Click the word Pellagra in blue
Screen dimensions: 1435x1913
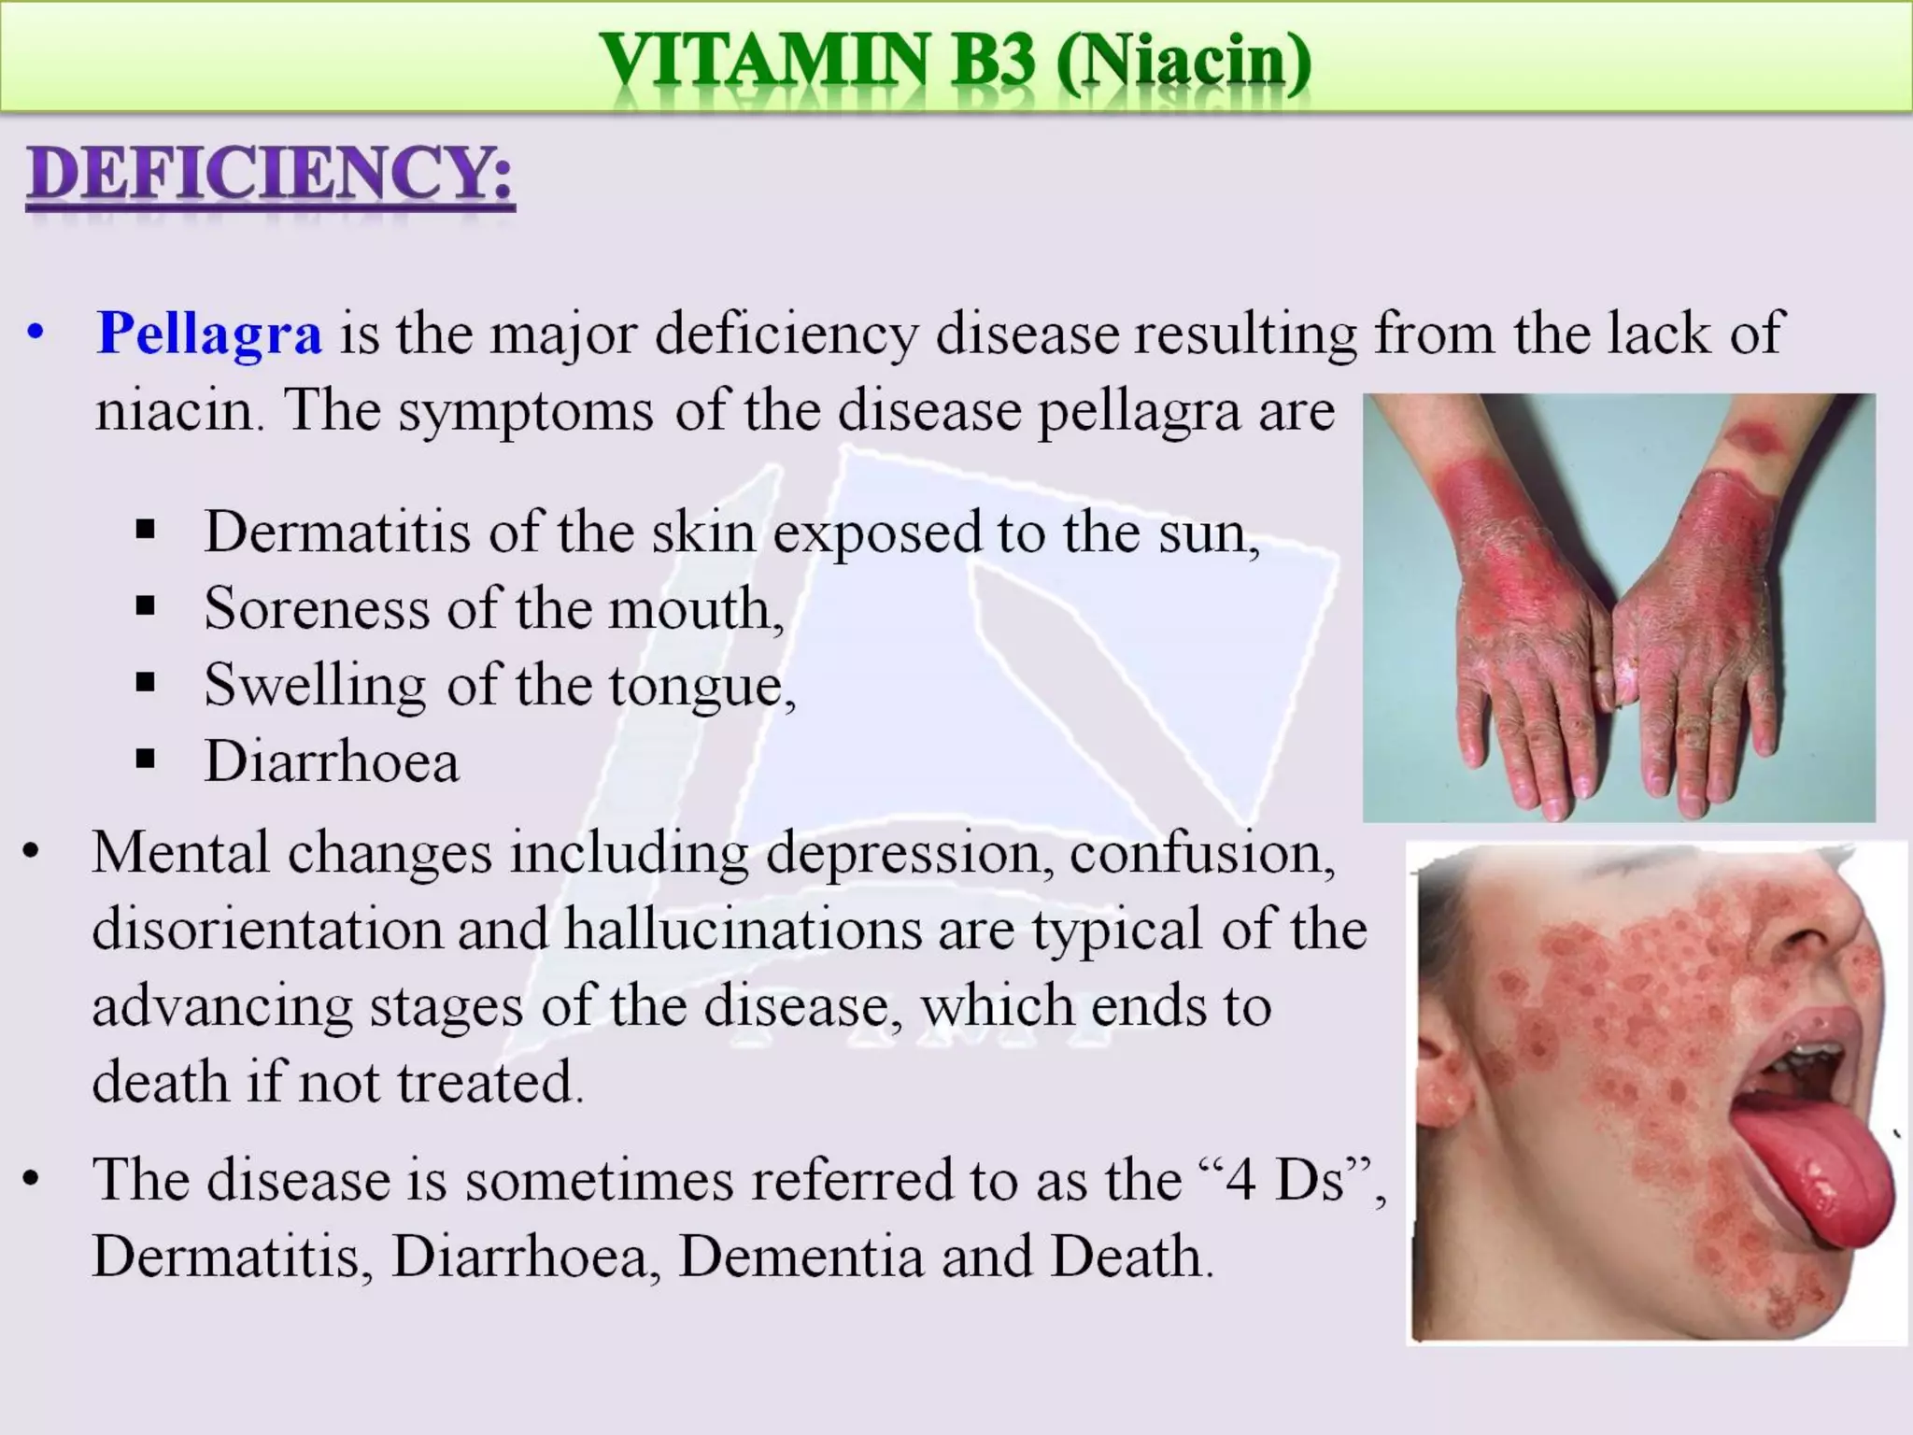209,334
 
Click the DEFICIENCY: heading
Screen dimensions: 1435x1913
270,175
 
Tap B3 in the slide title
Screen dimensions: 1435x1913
994,60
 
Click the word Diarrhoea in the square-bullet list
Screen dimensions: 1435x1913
332,761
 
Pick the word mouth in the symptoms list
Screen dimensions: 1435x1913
695,609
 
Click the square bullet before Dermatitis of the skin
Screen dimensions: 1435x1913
145,531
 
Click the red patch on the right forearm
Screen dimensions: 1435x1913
1752,435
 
